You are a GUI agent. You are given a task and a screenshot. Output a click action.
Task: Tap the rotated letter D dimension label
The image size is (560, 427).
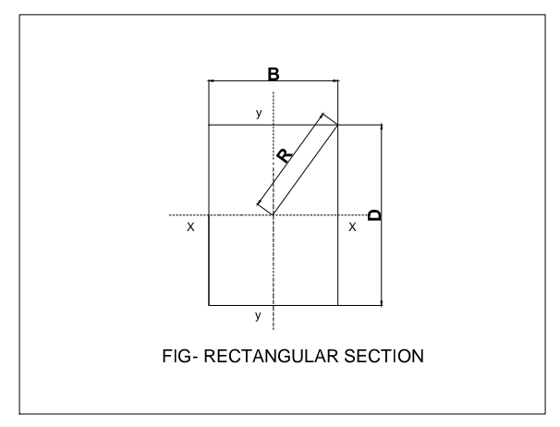(374, 214)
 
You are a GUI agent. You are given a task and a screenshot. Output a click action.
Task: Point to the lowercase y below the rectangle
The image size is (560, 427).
(258, 316)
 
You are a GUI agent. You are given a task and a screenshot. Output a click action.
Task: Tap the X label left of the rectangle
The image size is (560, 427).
(190, 226)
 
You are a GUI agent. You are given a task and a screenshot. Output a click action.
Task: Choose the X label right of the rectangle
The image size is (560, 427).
(352, 226)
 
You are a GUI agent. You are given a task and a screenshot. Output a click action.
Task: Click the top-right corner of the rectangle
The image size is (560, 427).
(337, 125)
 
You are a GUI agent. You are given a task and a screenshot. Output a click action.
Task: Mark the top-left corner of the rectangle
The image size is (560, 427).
(210, 125)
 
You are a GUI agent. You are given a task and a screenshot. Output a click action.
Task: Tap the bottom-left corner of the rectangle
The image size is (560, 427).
(210, 304)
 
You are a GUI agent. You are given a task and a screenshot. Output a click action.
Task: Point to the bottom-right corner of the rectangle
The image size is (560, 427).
(337, 304)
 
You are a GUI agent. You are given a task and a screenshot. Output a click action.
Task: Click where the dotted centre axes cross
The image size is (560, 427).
(274, 214)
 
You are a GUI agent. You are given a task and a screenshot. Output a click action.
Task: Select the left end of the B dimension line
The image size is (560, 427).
(210, 81)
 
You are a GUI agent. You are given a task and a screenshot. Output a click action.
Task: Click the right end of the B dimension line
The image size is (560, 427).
(337, 81)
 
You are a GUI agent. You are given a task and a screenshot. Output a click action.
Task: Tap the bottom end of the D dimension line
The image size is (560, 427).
(381, 304)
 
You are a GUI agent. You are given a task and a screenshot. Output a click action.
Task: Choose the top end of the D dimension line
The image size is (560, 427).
(381, 125)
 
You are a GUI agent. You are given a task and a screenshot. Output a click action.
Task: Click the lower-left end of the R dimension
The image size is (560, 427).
(258, 205)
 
